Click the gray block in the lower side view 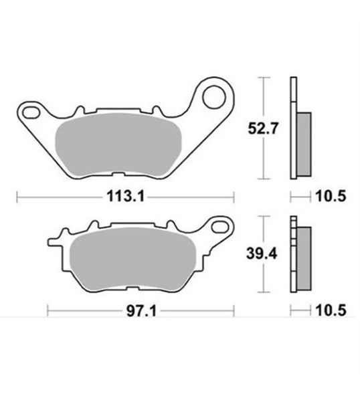click(x=304, y=256)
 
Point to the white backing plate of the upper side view click(x=292, y=127)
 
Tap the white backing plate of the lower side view click(x=292, y=254)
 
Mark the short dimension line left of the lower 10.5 click(x=300, y=310)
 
